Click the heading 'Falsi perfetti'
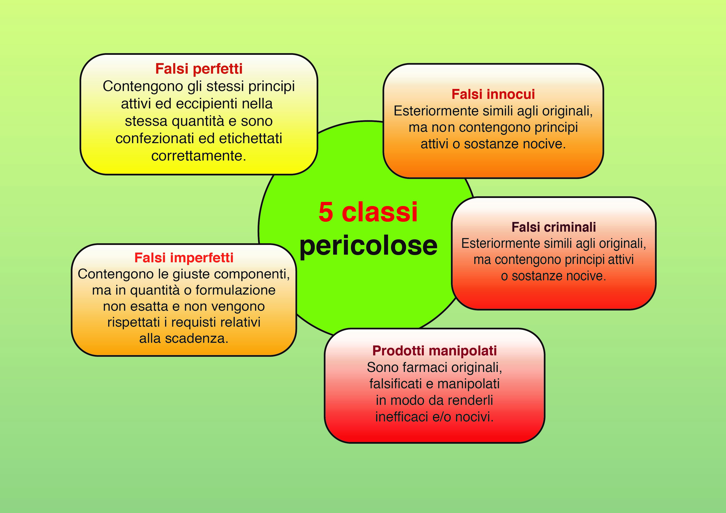[x=199, y=69]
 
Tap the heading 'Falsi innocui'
[x=493, y=94]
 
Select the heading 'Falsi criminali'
[x=553, y=227]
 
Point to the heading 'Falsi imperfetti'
[x=184, y=258]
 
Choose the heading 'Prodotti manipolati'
[x=434, y=351]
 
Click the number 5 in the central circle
[x=326, y=212]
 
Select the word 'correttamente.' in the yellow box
[x=199, y=156]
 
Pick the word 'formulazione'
[x=235, y=290]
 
